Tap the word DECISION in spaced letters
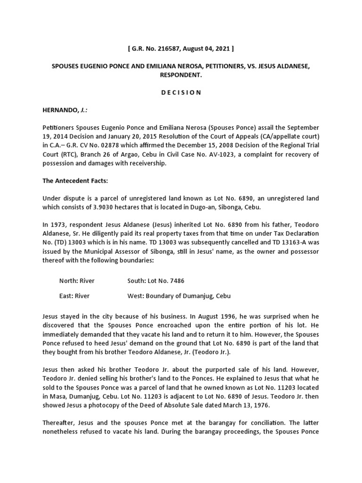(181, 92)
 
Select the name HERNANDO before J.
(60, 110)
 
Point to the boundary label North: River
(77, 281)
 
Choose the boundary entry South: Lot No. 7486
(156, 281)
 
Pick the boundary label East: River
(74, 296)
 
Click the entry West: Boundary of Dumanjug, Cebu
(179, 296)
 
